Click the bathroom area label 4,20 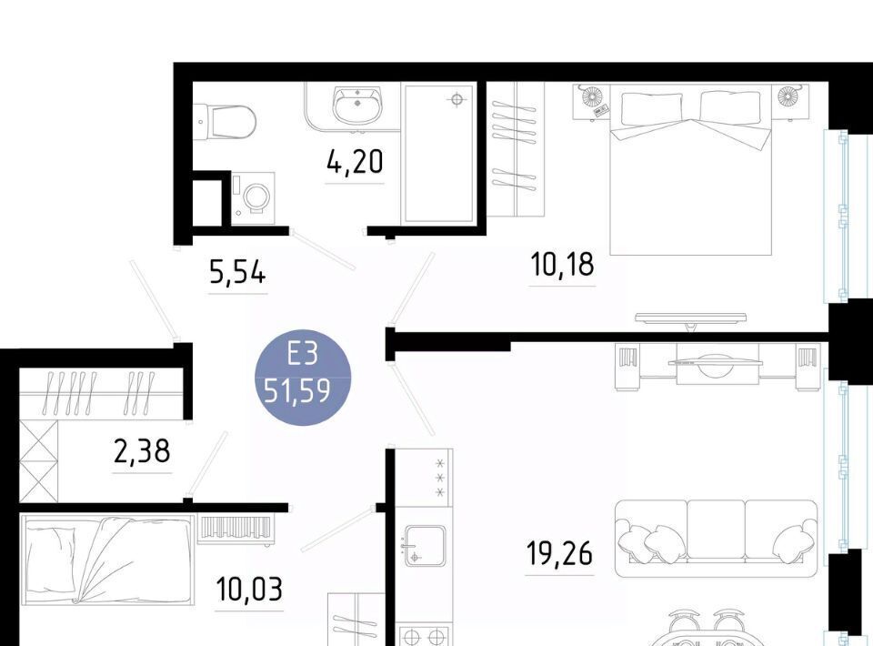tap(356, 162)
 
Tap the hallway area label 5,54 tap(237, 273)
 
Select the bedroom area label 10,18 tap(562, 264)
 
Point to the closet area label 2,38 tap(142, 451)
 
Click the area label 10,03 tap(249, 590)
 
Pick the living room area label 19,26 tap(559, 553)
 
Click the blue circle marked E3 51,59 tap(302, 377)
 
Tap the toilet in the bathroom tap(227, 121)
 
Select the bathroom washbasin tap(356, 106)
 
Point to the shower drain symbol tap(457, 100)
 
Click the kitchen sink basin tap(425, 546)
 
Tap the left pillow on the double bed tap(651, 108)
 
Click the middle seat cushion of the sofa tap(716, 529)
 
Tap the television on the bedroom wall tap(690, 319)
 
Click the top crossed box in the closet tap(38, 439)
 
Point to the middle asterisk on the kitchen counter tap(441, 478)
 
